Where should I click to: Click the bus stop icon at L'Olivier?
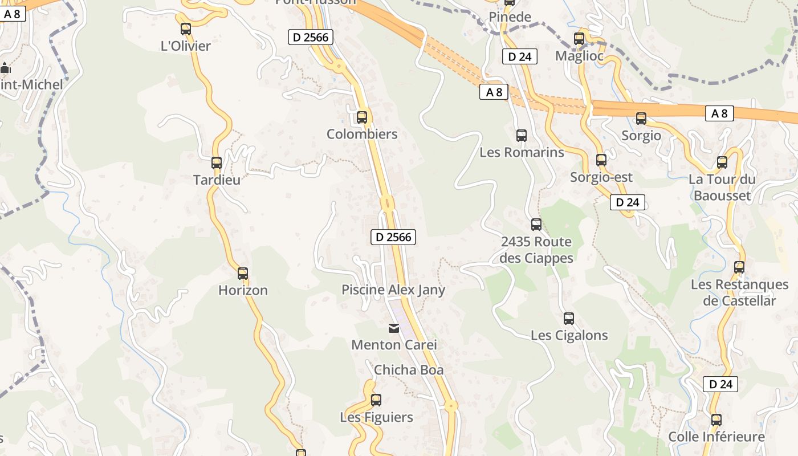(x=186, y=29)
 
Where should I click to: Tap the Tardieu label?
(x=217, y=180)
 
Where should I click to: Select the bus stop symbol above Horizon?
(x=243, y=274)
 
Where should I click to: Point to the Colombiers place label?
(x=362, y=135)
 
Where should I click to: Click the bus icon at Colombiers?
(x=362, y=117)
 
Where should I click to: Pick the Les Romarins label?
(x=522, y=153)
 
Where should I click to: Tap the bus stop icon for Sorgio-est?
(x=601, y=160)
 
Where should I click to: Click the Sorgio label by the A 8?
(x=641, y=136)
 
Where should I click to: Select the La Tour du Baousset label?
(x=722, y=188)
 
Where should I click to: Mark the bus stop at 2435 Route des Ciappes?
(x=536, y=225)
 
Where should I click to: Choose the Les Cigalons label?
(x=569, y=335)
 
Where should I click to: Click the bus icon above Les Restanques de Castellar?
(x=739, y=267)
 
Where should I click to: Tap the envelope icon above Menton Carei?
(x=394, y=328)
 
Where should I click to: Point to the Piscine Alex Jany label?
(x=393, y=290)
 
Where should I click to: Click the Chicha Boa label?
(x=409, y=370)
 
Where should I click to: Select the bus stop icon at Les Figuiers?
(x=376, y=400)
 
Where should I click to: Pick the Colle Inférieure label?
(x=716, y=437)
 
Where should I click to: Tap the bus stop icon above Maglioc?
(x=579, y=39)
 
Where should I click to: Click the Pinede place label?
(x=510, y=17)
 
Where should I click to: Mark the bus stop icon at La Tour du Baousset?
(x=722, y=162)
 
